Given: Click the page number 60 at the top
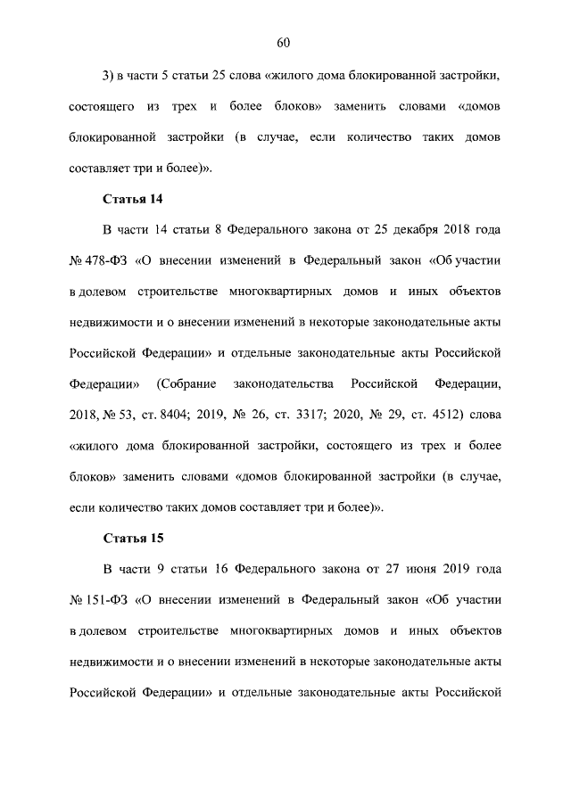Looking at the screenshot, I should (x=285, y=43).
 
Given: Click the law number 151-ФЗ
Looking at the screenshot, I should (x=108, y=601).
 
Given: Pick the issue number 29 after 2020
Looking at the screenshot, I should (x=398, y=415).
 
